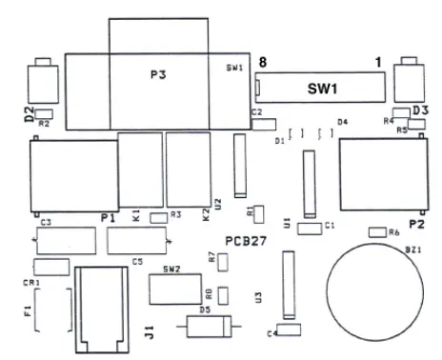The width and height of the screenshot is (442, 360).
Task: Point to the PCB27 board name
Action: click(x=245, y=241)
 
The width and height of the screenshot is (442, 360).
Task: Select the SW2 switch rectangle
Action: click(x=172, y=285)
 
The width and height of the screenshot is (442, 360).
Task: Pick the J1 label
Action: click(x=150, y=332)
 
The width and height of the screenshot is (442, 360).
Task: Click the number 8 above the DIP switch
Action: click(x=263, y=62)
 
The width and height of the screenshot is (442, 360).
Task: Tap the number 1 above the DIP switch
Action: click(x=378, y=62)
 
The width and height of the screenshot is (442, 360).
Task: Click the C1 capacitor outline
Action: click(x=309, y=228)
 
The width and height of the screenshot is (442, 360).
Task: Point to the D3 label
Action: click(x=419, y=111)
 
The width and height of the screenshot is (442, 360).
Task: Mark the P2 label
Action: click(x=416, y=224)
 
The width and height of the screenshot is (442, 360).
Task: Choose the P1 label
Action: click(x=108, y=218)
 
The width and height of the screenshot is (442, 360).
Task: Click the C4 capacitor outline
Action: click(x=287, y=332)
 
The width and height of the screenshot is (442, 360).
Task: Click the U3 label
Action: click(x=259, y=297)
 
